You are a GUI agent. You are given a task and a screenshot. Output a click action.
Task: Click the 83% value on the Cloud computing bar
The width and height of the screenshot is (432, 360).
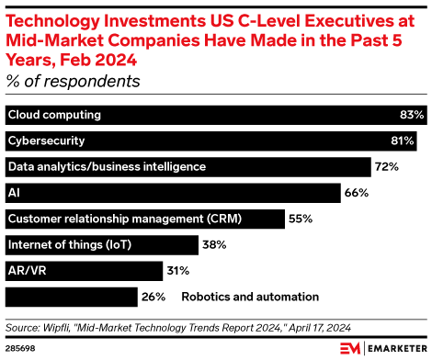pyautogui.click(x=412, y=115)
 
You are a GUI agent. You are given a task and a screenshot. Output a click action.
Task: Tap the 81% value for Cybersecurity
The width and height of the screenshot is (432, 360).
pyautogui.click(x=403, y=141)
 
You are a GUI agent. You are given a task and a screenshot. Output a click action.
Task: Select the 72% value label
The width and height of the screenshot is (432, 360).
pyautogui.click(x=387, y=167)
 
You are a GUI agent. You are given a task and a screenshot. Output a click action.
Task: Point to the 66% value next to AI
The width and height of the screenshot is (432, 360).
pyautogui.click(x=357, y=193)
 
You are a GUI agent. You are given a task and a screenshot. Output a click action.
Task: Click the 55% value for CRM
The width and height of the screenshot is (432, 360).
pyautogui.click(x=301, y=219)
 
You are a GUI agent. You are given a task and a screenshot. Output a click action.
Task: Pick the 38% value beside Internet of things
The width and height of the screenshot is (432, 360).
pyautogui.click(x=214, y=245)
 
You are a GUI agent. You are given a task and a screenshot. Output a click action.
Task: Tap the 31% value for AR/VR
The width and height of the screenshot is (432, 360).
pyautogui.click(x=178, y=271)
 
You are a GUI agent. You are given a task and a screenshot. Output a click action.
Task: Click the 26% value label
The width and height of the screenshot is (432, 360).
pyautogui.click(x=153, y=297)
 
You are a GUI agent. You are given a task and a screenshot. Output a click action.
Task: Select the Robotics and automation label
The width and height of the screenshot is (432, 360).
pyautogui.click(x=250, y=297)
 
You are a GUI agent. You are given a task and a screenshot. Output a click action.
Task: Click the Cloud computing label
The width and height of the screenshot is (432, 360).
pyautogui.click(x=54, y=115)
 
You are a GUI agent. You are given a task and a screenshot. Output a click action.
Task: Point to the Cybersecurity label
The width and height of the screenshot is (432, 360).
pyautogui.click(x=47, y=141)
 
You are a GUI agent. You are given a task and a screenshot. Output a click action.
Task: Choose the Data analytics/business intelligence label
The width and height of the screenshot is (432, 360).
pyautogui.click(x=108, y=167)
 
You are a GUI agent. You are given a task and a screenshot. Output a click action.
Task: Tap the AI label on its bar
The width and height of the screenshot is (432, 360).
pyautogui.click(x=14, y=193)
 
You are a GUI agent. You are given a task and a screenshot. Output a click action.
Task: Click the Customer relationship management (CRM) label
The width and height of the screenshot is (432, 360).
pyautogui.click(x=125, y=219)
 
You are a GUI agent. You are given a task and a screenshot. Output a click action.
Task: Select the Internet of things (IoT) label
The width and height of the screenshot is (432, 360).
pyautogui.click(x=70, y=245)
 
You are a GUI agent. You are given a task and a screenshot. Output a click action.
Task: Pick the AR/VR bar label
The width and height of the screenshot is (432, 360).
pyautogui.click(x=28, y=271)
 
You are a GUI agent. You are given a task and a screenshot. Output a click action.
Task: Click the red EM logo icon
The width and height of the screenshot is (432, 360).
pyautogui.click(x=350, y=348)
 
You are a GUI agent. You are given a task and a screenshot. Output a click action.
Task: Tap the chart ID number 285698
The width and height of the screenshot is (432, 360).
pyautogui.click(x=20, y=348)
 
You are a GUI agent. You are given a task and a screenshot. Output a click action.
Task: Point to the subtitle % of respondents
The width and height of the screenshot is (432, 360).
pyautogui.click(x=73, y=82)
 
